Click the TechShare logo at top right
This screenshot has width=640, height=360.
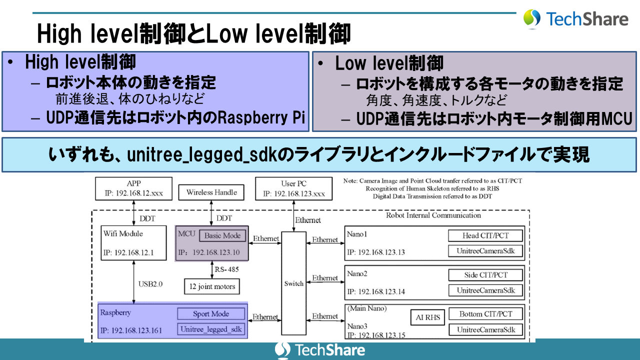tap(575, 19)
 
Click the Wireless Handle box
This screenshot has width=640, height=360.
tap(211, 192)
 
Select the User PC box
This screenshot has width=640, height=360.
tap(293, 189)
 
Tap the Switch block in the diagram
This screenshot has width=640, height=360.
tap(293, 283)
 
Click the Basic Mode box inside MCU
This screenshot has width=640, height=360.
tap(222, 235)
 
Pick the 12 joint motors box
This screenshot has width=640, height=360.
tap(212, 286)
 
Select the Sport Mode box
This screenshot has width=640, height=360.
tap(211, 314)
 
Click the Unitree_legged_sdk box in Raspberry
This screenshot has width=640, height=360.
tap(211, 329)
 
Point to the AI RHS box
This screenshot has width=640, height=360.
tap(427, 317)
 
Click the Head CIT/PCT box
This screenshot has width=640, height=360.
tap(485, 235)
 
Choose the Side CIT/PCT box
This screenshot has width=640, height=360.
tap(485, 274)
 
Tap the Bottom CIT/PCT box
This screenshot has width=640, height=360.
tap(485, 314)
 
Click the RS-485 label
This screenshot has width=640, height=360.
tap(226, 269)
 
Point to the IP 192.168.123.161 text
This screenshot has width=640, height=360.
tap(131, 330)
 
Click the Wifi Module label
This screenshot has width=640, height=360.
tap(123, 233)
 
